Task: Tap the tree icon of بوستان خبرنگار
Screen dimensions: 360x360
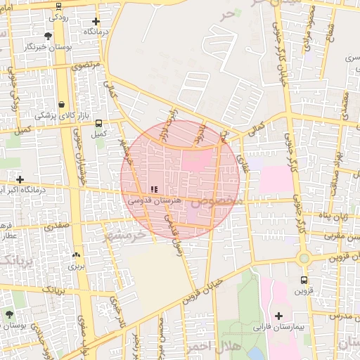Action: [x=48, y=35]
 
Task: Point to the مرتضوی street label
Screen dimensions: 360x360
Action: [x=86, y=67]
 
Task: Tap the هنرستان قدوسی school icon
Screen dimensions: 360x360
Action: [x=153, y=189]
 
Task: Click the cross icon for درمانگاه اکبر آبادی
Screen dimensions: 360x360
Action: [x=20, y=180]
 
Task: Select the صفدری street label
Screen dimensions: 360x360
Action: [x=58, y=226]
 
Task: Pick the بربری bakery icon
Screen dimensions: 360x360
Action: [x=75, y=255]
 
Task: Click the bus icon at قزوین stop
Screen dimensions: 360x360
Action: [x=302, y=279]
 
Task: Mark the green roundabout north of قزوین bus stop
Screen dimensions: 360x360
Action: [x=304, y=258]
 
